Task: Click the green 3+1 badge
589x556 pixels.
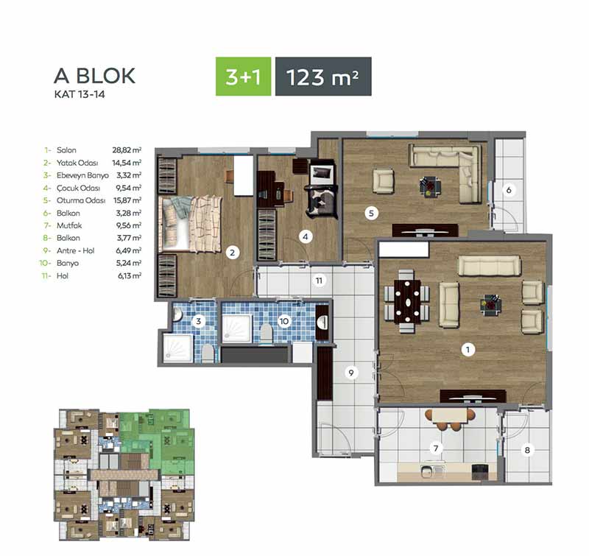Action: coord(243,77)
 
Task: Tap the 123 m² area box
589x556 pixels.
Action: coord(323,77)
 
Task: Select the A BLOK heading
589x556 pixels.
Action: coord(94,76)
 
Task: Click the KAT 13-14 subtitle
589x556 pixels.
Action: coord(80,94)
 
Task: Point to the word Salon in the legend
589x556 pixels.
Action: coord(66,150)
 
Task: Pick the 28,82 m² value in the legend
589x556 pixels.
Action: coord(127,150)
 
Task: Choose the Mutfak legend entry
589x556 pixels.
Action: coord(69,225)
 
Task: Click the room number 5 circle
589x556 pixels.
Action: coord(371,214)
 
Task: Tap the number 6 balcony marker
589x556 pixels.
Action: coord(509,190)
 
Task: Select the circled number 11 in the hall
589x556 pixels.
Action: coord(319,281)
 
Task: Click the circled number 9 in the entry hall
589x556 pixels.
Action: coord(351,373)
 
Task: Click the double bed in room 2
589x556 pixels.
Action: coord(191,224)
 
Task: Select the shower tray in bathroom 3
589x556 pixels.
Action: coord(178,348)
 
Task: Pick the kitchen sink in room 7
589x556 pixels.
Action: coord(428,471)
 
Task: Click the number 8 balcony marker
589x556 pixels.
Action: coord(527,450)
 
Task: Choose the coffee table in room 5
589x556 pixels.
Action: coord(431,187)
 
